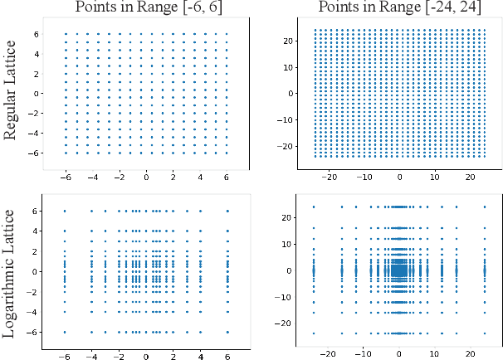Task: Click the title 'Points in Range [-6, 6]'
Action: click(145, 7)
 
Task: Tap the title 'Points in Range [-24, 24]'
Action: click(399, 7)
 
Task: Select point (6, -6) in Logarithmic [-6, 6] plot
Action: click(227, 333)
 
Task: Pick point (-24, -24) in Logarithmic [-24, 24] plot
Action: click(314, 333)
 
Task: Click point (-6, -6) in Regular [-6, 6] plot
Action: click(66, 153)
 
